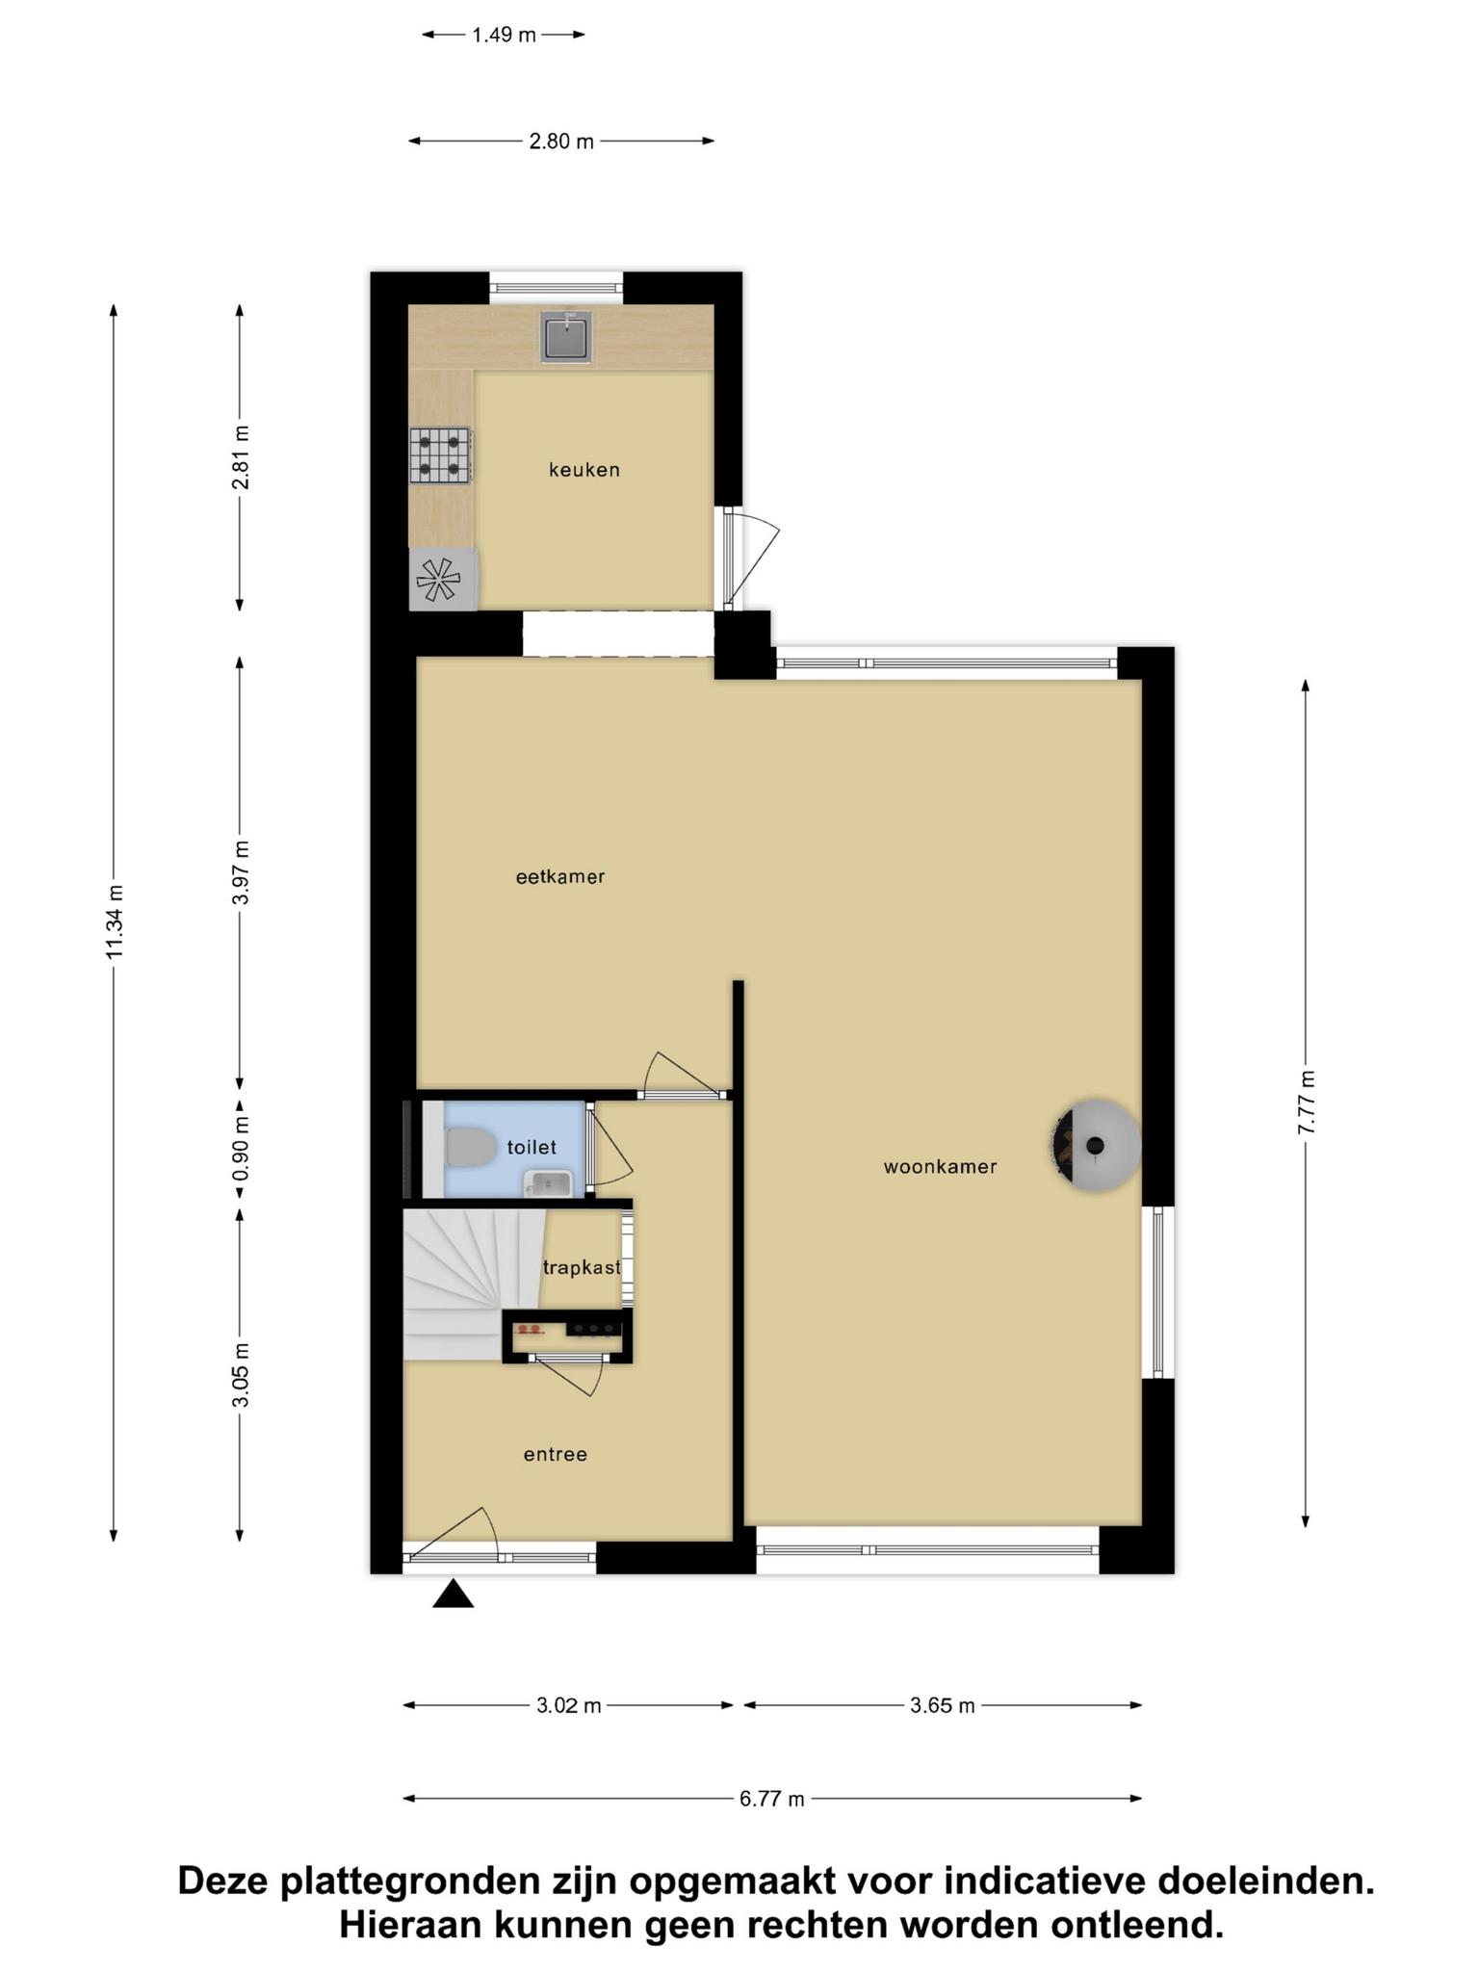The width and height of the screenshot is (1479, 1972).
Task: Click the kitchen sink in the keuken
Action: tap(566, 336)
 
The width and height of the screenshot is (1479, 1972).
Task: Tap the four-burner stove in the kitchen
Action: tap(441, 455)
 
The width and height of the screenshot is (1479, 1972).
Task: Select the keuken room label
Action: tap(584, 470)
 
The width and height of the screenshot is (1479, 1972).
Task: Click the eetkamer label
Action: tap(560, 876)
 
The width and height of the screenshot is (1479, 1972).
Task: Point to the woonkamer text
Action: tap(940, 1166)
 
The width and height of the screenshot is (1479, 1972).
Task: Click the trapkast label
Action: tap(582, 1267)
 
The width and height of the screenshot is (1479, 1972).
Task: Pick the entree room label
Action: tap(556, 1454)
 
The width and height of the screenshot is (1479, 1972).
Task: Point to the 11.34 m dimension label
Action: tap(115, 921)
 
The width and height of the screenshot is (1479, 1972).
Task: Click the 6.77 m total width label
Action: tap(772, 1799)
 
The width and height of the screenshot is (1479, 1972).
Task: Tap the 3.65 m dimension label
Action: tap(943, 1705)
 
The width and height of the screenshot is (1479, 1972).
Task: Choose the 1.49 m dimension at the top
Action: tap(504, 36)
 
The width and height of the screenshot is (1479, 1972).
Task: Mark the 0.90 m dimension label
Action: tap(241, 1149)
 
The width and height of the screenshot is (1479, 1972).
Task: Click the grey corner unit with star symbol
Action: tap(443, 579)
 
